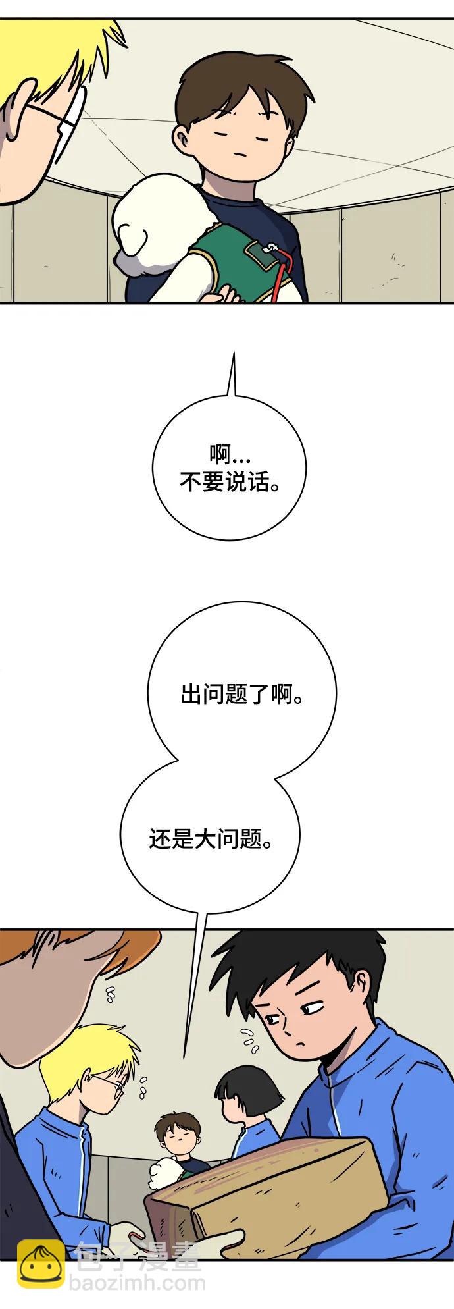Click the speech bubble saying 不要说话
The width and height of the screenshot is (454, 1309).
[229, 468]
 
